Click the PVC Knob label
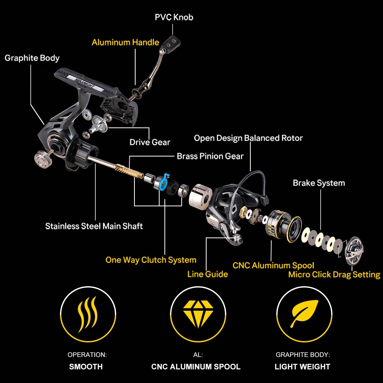[x=174, y=17]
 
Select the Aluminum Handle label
[x=125, y=42]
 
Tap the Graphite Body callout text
[x=32, y=58]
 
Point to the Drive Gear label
[x=150, y=142]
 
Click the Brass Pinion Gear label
[x=210, y=156]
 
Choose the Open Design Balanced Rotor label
[x=248, y=138]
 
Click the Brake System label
[x=319, y=183]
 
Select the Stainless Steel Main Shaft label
[x=94, y=226]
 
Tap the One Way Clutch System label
[x=151, y=260]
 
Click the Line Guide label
[x=208, y=274]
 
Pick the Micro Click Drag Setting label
[x=334, y=274]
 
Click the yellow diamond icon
[x=198, y=314]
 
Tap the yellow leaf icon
[x=304, y=314]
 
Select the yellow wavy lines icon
[x=88, y=314]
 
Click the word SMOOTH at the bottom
[x=86, y=367]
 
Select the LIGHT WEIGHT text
[x=303, y=367]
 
